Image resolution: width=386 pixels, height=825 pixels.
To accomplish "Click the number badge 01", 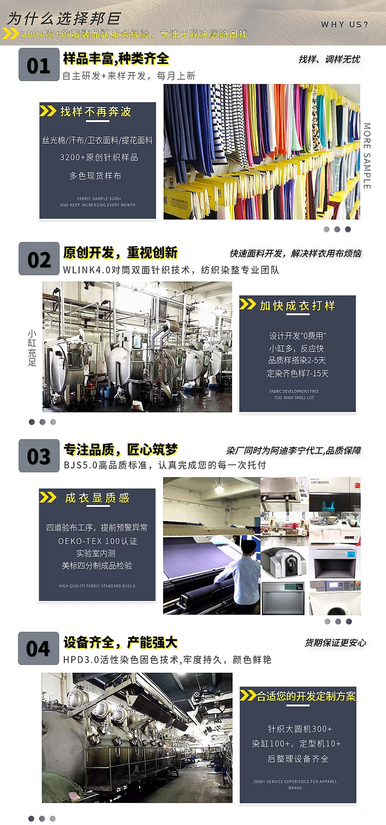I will tap(39, 65).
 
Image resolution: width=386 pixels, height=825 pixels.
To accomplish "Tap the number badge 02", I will tap(39, 259).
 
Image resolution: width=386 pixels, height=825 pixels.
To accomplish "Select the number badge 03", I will tap(39, 456).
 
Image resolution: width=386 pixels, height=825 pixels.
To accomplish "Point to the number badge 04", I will tap(39, 648).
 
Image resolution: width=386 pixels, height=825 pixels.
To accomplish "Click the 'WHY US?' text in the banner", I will tap(344, 24).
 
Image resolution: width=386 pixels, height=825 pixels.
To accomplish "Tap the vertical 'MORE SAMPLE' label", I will tap(367, 156).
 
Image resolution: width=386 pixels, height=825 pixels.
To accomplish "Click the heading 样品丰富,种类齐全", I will tap(116, 59).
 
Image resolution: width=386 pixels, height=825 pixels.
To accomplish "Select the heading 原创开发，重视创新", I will tap(120, 253).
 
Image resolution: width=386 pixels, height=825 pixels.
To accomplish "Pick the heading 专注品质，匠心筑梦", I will tap(120, 450).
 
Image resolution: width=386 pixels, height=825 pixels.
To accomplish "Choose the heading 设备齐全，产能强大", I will tap(120, 642).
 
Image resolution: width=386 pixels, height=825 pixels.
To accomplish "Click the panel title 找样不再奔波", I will tap(96, 112).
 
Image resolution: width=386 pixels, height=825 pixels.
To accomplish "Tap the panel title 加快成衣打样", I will tap(298, 306).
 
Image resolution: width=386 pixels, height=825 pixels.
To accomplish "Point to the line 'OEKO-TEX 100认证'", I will tap(98, 541).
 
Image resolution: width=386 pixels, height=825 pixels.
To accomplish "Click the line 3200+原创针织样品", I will tap(99, 157).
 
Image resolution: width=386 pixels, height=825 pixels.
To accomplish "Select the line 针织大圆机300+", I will tap(300, 729).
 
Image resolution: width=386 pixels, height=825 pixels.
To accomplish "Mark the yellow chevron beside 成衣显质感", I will tap(48, 497).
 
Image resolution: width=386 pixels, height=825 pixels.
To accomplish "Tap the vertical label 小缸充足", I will tap(32, 348).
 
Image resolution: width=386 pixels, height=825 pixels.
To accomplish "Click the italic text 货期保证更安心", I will tap(335, 643).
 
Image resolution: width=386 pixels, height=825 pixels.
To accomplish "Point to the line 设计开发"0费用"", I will tap(298, 336).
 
